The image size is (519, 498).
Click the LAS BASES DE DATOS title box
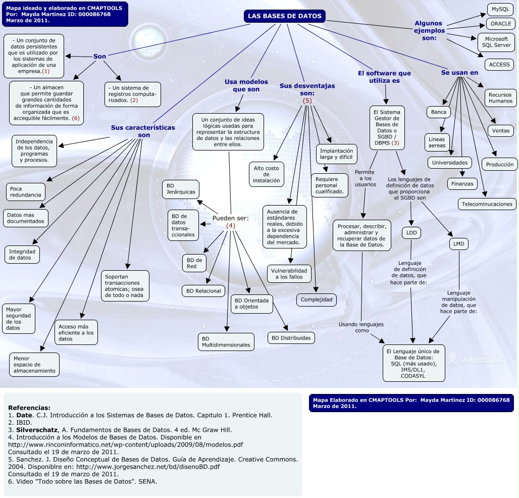point(285,16)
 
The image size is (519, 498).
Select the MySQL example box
point(500,9)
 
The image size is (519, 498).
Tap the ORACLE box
point(500,24)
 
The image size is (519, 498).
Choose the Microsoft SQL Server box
point(496,42)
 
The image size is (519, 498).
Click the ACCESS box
point(499,65)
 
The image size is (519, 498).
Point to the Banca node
point(439,112)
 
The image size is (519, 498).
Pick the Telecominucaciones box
point(487,204)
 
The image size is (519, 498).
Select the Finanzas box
point(462,184)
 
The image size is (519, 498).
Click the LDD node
point(411,233)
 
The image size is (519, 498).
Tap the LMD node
point(458,244)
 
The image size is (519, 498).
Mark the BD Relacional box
point(203,291)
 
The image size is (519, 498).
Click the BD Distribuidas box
point(291,338)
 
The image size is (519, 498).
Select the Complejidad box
point(316,300)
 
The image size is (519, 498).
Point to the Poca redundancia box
point(25,192)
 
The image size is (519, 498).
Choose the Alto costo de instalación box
point(266,174)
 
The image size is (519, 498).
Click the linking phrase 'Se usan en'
point(459,73)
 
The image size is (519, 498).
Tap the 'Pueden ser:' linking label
point(230,218)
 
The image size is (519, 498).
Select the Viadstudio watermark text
point(481,360)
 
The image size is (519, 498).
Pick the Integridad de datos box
point(23,254)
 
